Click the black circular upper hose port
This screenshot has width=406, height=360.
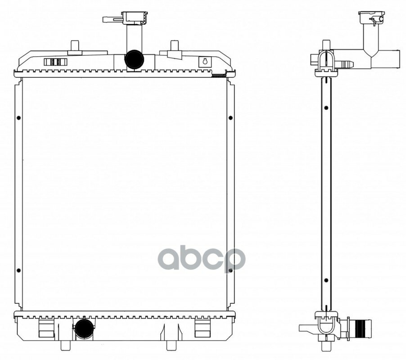(x=134, y=59)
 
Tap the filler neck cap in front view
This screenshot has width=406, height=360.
(x=135, y=18)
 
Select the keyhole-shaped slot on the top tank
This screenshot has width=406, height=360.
(x=205, y=62)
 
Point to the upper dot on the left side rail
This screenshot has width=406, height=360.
(x=18, y=118)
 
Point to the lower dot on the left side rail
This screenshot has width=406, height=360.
(x=18, y=270)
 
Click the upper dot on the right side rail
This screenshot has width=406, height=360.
(x=230, y=118)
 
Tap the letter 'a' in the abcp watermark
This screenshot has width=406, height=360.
(x=168, y=259)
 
